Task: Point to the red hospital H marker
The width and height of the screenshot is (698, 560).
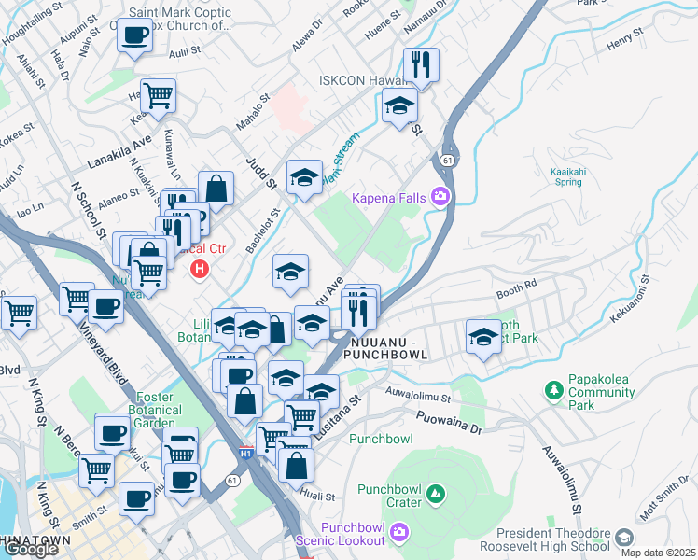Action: click(199, 270)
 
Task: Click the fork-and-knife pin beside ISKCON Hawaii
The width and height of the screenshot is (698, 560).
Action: click(421, 64)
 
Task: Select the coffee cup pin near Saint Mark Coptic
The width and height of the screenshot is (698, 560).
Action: click(135, 36)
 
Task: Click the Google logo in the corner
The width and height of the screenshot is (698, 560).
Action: click(31, 549)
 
